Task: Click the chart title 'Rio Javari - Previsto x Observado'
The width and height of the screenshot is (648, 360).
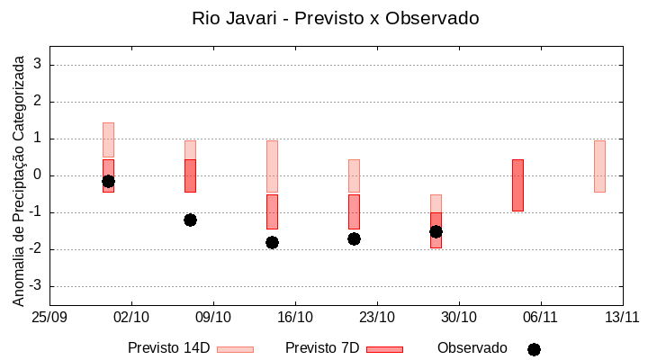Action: (335, 18)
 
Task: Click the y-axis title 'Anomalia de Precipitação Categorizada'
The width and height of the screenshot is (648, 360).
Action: (19, 178)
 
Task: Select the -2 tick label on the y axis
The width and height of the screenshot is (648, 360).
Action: (37, 249)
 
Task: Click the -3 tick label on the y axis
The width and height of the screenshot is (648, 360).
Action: (37, 286)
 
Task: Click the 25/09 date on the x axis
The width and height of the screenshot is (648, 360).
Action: (49, 318)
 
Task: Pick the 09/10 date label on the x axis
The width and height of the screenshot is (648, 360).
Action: (213, 318)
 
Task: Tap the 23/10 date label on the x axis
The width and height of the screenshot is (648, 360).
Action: (377, 318)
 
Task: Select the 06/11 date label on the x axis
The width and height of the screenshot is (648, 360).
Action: (540, 318)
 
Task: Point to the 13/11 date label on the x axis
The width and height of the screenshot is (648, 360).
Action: (622, 318)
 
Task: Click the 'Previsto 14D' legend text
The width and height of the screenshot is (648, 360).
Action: (168, 348)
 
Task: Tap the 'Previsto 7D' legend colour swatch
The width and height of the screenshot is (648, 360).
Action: (384, 349)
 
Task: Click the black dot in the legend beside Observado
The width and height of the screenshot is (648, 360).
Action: (534, 349)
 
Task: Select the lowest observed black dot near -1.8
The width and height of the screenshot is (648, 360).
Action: (272, 242)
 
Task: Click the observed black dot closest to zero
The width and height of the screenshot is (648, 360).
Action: (108, 181)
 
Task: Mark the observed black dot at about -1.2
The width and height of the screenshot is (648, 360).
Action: (190, 220)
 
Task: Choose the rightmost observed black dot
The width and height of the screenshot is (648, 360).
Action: (436, 231)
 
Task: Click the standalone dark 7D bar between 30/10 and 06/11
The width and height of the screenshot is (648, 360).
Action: (517, 184)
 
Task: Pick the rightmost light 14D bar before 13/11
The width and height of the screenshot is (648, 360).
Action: (599, 166)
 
